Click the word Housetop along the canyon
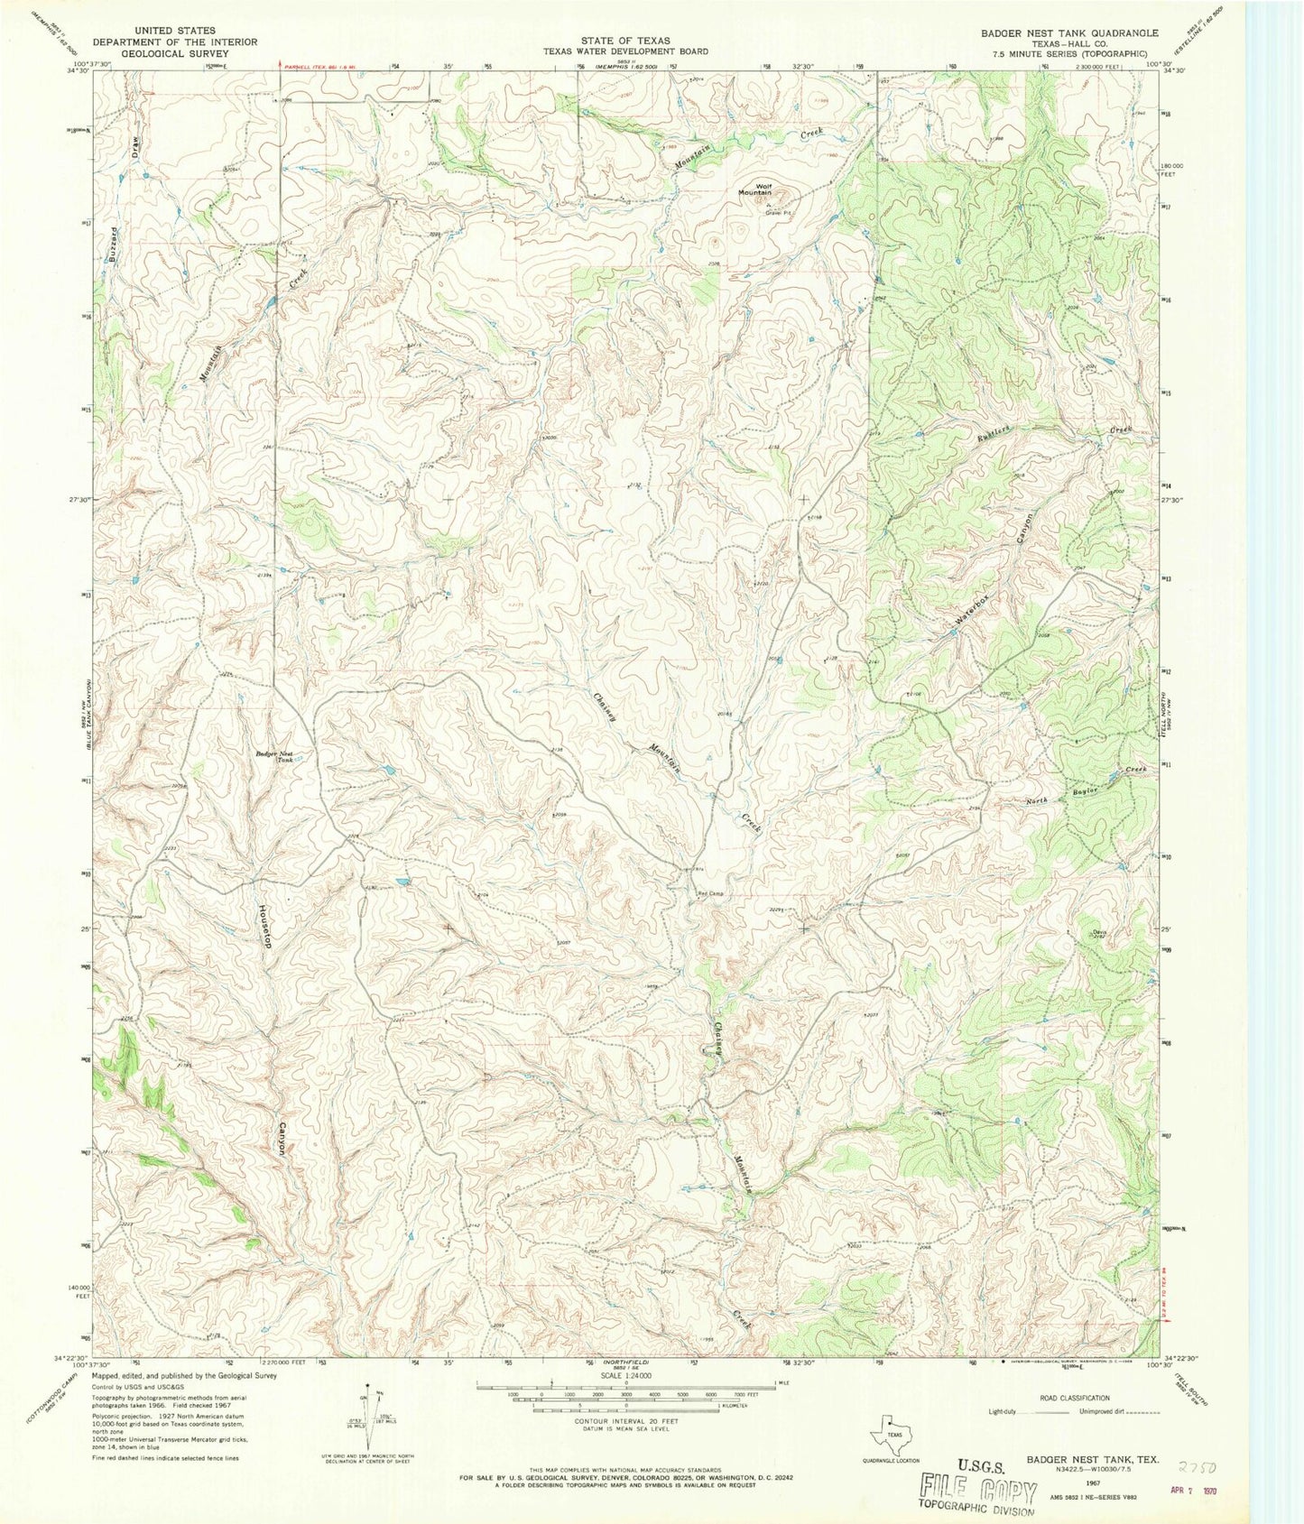(266, 926)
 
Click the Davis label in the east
(1097, 933)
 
